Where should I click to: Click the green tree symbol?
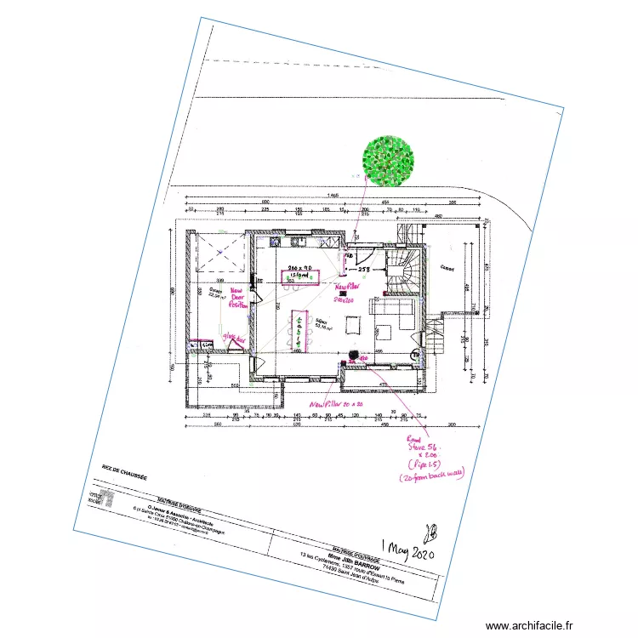click(388, 160)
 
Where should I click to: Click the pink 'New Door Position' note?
click(240, 298)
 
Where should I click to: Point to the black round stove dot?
click(352, 356)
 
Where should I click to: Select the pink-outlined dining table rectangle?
click(299, 331)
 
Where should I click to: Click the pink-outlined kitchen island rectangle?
click(300, 277)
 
